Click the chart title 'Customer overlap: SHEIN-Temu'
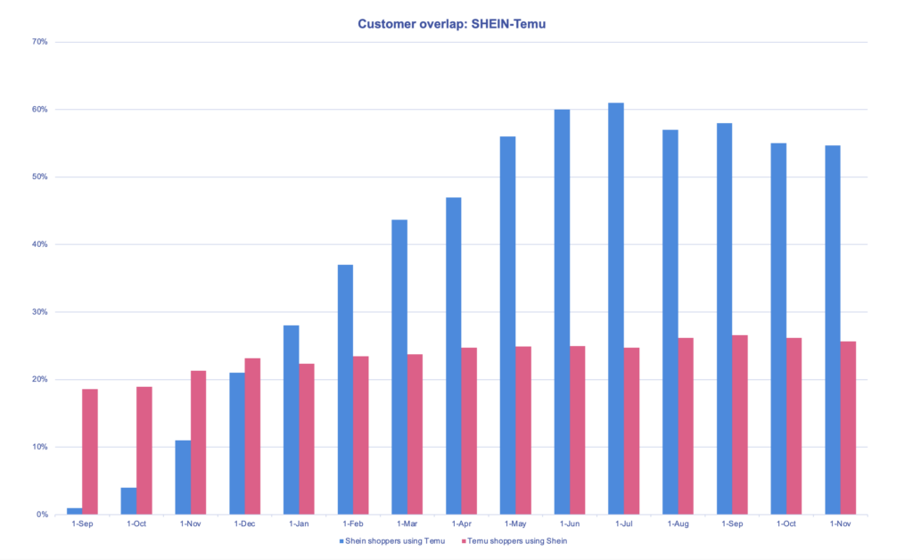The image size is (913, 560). [451, 24]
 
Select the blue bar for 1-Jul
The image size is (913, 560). [616, 309]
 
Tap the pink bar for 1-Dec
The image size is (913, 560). [252, 436]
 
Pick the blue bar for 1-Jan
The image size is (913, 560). [292, 420]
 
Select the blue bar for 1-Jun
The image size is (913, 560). [562, 312]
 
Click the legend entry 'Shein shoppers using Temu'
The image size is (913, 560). [393, 541]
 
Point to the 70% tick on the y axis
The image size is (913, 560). [39, 42]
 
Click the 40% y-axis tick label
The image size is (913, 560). [39, 244]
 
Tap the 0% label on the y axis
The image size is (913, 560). [42, 515]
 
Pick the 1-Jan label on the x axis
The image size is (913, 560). [299, 523]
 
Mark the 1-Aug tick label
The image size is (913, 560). [678, 523]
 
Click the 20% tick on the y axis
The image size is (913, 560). [39, 379]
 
